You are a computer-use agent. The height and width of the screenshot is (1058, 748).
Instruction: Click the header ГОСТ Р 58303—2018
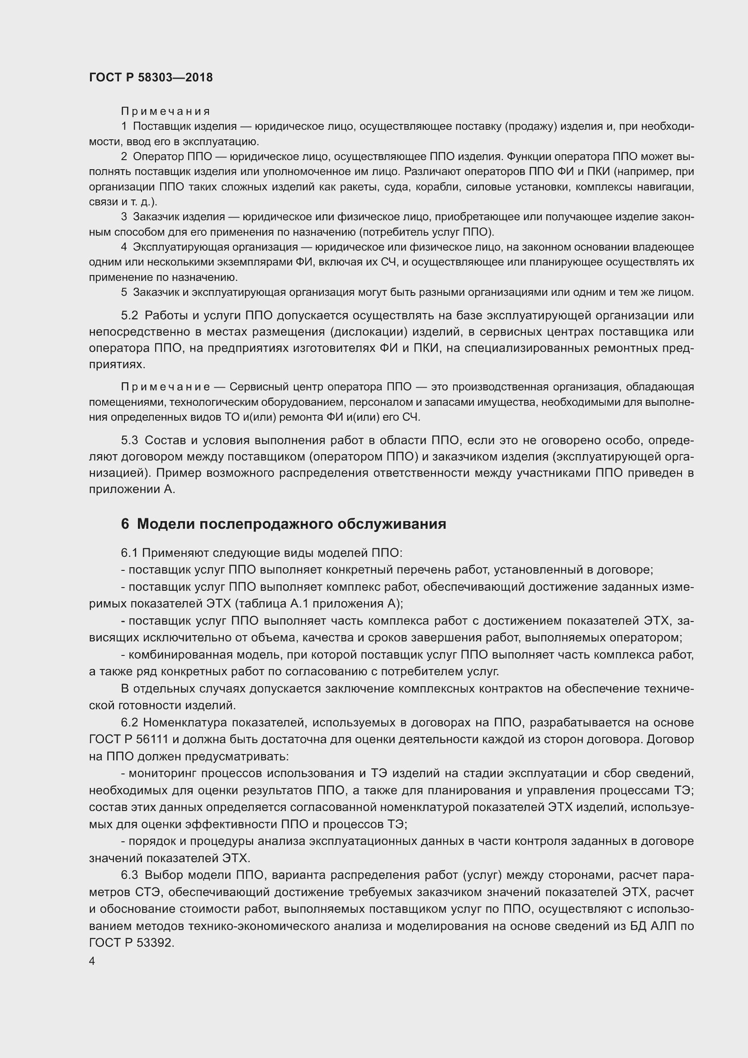click(x=151, y=77)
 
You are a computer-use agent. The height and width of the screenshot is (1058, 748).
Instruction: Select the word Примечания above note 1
click(x=166, y=111)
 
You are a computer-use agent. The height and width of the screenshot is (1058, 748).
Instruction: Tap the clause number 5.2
click(x=129, y=316)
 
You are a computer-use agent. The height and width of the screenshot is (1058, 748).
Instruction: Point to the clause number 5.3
click(x=129, y=440)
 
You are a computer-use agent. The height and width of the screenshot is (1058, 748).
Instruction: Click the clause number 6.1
click(x=129, y=552)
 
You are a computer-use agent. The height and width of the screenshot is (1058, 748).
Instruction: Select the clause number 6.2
click(x=129, y=722)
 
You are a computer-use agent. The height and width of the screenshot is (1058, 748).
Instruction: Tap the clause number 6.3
click(x=129, y=875)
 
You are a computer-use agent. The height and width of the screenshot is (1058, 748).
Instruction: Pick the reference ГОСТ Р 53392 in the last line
click(x=131, y=943)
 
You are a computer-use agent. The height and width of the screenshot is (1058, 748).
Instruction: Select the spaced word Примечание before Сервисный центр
click(x=166, y=387)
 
